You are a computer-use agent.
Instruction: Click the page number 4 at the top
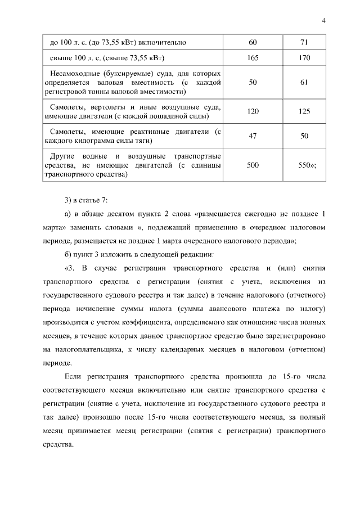tap(324, 21)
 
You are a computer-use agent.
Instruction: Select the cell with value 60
tap(253, 42)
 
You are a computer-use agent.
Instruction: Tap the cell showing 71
tap(304, 42)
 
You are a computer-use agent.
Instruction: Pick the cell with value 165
tap(253, 58)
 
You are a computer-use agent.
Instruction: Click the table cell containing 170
tap(304, 58)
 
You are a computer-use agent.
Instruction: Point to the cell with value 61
tap(304, 82)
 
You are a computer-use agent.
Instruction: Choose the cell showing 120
tap(253, 111)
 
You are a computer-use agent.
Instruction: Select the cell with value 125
tap(304, 111)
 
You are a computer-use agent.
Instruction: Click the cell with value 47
tap(253, 136)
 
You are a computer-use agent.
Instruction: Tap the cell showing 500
tap(253, 165)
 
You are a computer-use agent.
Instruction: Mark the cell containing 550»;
tap(307, 165)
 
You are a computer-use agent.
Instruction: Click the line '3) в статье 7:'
tap(82, 201)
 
